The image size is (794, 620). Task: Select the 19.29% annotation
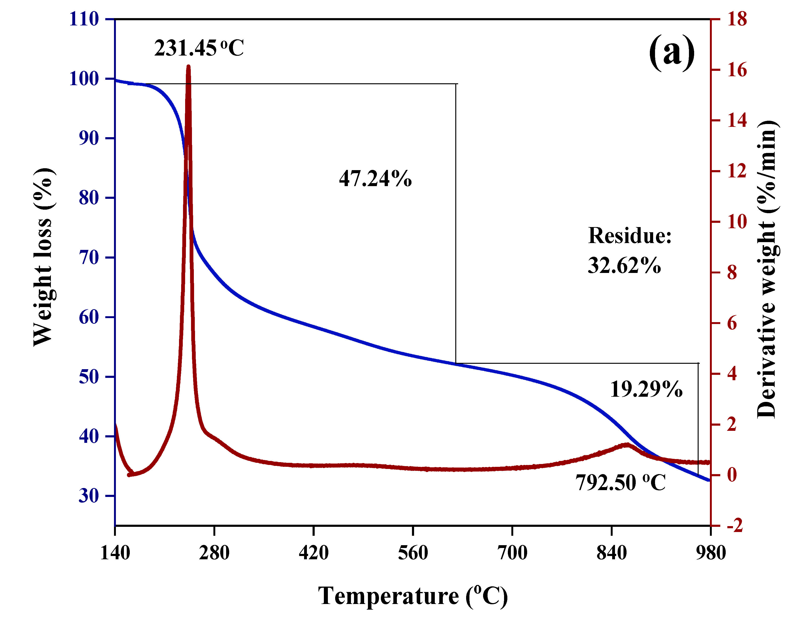[646, 389]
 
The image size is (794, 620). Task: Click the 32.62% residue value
[624, 265]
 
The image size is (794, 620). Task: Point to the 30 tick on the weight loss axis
[89, 496]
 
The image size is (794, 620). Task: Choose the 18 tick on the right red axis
[737, 19]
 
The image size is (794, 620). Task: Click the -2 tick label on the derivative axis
[735, 526]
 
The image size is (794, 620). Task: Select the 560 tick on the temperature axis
[413, 553]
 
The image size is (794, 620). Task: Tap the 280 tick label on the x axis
[214, 553]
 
